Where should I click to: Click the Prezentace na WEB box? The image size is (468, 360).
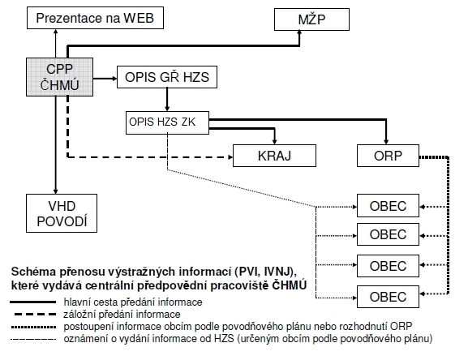pos(95,18)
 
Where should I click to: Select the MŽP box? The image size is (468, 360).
pos(311,19)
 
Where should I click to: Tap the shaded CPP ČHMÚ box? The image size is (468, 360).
pos(60,77)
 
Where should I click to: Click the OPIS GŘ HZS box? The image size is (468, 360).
pos(167,77)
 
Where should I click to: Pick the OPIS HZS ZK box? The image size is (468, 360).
pos(167,122)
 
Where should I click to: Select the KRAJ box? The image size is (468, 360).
pos(274,156)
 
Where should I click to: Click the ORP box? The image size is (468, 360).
pos(388,156)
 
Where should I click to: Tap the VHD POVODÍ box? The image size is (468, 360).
pos(62,213)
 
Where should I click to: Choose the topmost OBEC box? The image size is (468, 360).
pos(388,206)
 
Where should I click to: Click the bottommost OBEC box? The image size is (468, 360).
pos(388,297)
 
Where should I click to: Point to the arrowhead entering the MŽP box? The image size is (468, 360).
pos(299,32)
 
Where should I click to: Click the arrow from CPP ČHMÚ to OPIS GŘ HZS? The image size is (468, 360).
pos(105,79)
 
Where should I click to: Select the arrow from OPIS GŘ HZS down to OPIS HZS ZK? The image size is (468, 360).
pos(167,100)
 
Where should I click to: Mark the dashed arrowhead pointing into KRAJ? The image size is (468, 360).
pos(230,156)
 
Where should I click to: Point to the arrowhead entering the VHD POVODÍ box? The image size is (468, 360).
pos(55,191)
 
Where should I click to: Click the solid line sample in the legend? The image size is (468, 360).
pos(32,302)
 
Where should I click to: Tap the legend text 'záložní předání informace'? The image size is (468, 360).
pos(122,315)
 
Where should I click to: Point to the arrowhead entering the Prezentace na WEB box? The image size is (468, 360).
pos(55,32)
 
